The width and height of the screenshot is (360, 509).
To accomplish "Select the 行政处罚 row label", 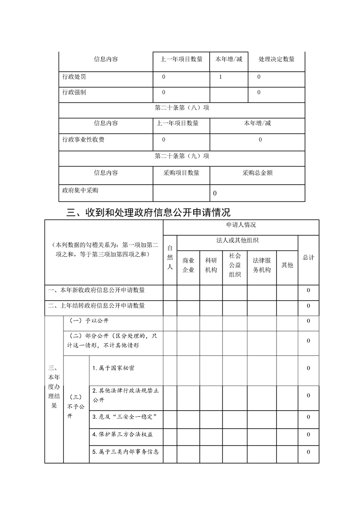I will [74, 77].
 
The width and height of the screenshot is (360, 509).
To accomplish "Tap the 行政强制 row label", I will [74, 93].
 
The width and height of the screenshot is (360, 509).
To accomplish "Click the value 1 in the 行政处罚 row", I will [220, 77].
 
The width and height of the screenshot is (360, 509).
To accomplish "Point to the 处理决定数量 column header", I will [276, 59].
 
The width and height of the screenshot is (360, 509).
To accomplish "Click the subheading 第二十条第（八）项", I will [182, 108].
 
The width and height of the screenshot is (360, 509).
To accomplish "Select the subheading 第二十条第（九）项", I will [182, 156].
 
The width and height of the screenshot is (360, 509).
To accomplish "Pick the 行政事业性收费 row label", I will [84, 140].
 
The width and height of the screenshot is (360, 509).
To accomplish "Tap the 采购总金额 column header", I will [257, 173].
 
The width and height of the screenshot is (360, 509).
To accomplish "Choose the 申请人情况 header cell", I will [241, 225].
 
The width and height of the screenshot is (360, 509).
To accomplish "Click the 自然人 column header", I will [170, 257].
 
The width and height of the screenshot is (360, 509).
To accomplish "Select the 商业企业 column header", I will [188, 265].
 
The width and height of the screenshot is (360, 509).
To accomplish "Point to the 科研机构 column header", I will [211, 265].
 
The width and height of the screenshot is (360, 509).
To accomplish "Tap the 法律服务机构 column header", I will [261, 265].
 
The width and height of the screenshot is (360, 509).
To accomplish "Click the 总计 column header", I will [309, 257].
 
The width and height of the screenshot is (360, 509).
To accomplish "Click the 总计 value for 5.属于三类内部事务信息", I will [309, 452].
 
